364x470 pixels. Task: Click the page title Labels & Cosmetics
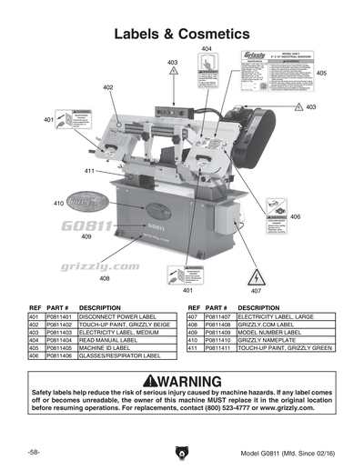[x=181, y=34]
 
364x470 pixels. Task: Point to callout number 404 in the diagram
[x=207, y=47]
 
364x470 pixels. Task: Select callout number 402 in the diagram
[x=107, y=87]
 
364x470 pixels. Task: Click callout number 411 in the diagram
[x=90, y=171]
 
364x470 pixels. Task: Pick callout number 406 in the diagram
[x=295, y=217]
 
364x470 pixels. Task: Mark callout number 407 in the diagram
[x=256, y=291]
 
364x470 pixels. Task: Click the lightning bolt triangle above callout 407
[x=256, y=274]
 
